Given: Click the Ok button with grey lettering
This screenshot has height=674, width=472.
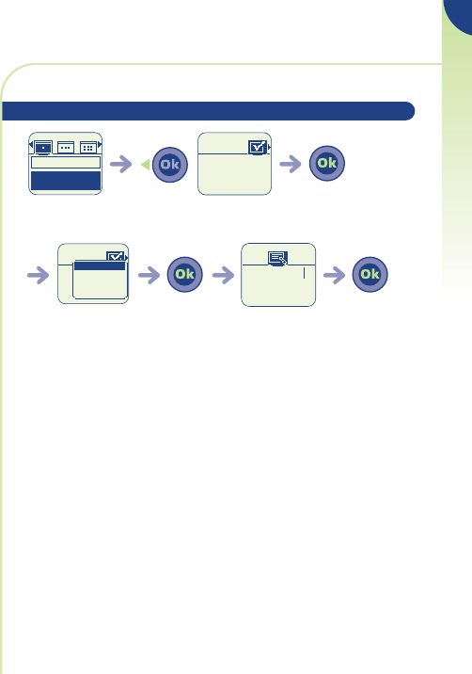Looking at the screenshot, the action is click(170, 165).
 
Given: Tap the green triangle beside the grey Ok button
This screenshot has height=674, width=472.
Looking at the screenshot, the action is click(146, 165).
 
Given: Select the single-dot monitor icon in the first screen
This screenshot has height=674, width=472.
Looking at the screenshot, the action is click(43, 148).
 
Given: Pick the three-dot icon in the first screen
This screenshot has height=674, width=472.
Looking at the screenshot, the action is click(66, 148).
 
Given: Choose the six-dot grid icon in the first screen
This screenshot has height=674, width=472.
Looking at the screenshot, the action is click(88, 148).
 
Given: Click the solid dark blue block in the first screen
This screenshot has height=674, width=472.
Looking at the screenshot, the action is click(66, 181).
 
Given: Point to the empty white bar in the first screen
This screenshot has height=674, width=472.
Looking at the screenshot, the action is click(66, 162).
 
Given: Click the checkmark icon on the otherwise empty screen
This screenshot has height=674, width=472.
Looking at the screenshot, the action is click(258, 148).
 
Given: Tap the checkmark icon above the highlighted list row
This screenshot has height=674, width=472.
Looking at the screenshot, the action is click(115, 256).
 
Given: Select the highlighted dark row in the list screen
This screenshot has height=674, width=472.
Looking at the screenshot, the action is click(100, 266).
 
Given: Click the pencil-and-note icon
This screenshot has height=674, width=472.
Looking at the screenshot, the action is click(278, 258).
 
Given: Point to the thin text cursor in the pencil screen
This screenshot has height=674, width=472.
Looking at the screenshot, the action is click(304, 273).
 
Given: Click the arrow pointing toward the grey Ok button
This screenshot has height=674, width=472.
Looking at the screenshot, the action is click(121, 164).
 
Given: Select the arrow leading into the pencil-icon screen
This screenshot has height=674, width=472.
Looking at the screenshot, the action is click(224, 275).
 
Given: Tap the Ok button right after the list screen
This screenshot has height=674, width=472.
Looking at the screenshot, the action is click(184, 274).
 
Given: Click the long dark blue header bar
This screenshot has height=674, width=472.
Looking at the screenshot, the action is click(209, 111).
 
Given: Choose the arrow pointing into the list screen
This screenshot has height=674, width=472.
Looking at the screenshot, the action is click(39, 275).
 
